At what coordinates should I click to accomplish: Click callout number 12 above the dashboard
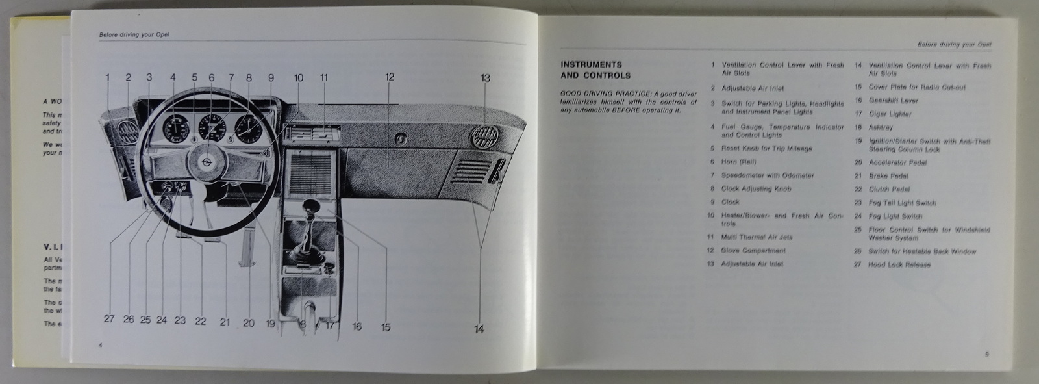[x=390, y=77]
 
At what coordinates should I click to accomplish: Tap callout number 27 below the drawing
[x=108, y=320]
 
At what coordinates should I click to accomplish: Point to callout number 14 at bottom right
[x=479, y=329]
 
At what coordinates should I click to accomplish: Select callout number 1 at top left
[x=108, y=77]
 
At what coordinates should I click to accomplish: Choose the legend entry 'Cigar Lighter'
[x=890, y=114]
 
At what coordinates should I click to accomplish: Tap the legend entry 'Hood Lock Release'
[x=899, y=265]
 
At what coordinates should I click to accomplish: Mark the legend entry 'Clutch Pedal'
[x=889, y=190]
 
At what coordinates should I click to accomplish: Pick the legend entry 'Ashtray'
[x=881, y=128]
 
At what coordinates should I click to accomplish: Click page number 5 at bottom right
[x=986, y=354]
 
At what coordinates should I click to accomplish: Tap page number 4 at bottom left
[x=101, y=344]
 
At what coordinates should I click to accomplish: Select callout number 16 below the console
[x=357, y=327]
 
